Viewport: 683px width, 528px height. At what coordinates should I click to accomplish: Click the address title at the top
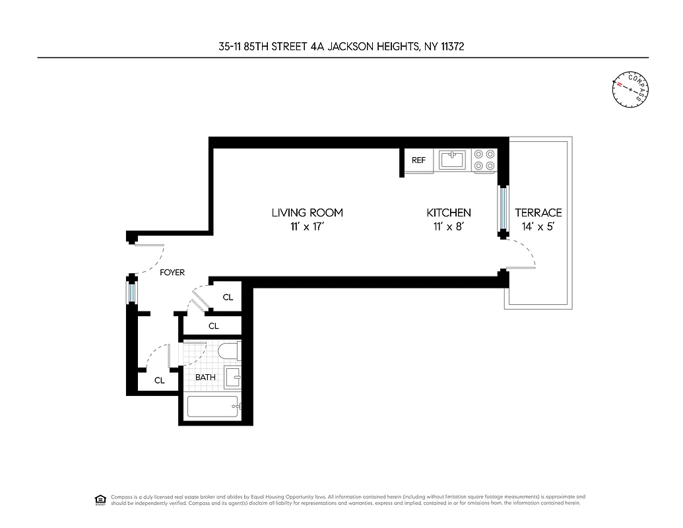point(341,46)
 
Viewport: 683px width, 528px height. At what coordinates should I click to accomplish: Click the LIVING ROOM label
point(307,213)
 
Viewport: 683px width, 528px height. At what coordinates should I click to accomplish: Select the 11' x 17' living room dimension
point(307,226)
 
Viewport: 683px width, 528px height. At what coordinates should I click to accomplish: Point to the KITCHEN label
point(449,213)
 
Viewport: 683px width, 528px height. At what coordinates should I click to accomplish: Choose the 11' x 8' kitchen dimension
point(449,226)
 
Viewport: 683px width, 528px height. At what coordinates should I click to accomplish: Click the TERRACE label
point(538,213)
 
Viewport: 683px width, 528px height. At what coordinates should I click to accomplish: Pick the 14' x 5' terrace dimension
point(538,226)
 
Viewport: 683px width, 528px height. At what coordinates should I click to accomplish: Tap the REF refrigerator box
point(419,160)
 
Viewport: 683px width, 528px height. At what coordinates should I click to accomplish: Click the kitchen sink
point(453,160)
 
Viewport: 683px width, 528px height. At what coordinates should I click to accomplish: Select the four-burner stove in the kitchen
point(485,160)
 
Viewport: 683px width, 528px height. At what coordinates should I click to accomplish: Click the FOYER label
point(172,272)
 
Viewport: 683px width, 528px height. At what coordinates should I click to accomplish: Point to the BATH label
point(205,377)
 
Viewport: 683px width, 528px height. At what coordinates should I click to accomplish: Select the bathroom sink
point(233,377)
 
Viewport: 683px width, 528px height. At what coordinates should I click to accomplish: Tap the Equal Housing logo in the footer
point(100,499)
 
